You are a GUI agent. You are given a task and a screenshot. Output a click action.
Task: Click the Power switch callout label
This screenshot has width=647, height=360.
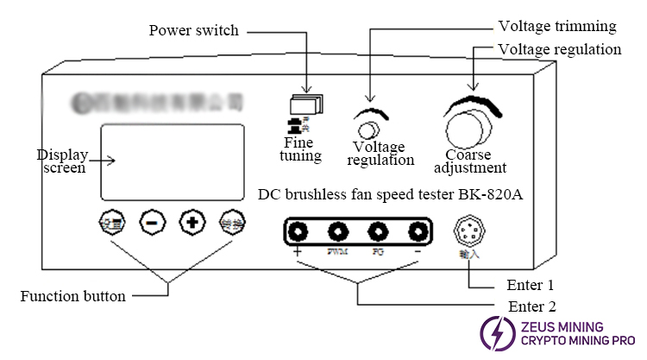pos(193,31)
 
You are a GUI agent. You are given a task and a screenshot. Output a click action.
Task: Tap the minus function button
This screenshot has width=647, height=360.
pos(151,221)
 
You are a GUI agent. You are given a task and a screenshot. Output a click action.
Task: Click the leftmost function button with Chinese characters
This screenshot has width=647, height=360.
pos(113,221)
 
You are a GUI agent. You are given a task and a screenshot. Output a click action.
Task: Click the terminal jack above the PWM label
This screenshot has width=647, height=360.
pos(337,231)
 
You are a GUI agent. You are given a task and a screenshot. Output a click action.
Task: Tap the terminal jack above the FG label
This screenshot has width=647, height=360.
pos(377,231)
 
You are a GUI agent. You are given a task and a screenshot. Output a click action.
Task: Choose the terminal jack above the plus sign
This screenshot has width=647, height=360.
pos(298,231)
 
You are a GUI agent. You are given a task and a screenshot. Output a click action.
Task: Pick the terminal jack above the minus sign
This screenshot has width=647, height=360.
pos(417,231)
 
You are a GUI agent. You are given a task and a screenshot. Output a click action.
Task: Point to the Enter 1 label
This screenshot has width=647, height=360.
pos(531,285)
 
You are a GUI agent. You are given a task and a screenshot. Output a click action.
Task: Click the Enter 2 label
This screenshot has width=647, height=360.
pos(531,306)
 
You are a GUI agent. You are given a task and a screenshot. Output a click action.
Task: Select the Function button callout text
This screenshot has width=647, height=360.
pos(72,296)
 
